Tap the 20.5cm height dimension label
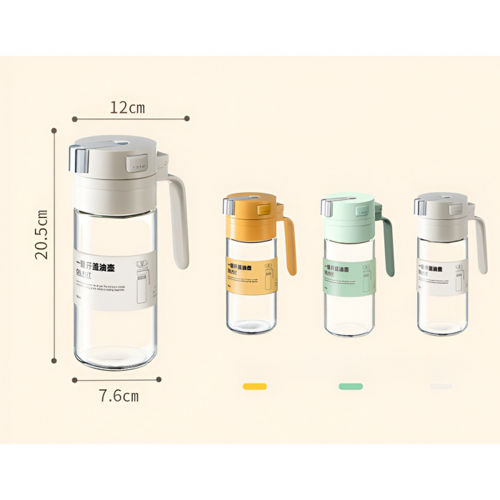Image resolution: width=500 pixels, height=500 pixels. pyautogui.click(x=42, y=234)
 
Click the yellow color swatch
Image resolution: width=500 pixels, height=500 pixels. pyautogui.click(x=254, y=386)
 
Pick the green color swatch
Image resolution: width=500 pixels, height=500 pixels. pyautogui.click(x=350, y=386)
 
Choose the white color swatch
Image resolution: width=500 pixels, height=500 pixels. pyautogui.click(x=441, y=386)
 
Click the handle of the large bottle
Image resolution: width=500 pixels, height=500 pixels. pyautogui.click(x=179, y=218)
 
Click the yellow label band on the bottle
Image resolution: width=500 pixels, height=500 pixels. pyautogui.click(x=251, y=274)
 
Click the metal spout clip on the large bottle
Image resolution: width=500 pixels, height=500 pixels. pyautogui.click(x=78, y=159)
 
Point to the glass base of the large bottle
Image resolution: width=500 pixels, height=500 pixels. pyautogui.click(x=116, y=354)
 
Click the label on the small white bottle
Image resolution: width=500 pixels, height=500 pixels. pyautogui.click(x=443, y=276)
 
